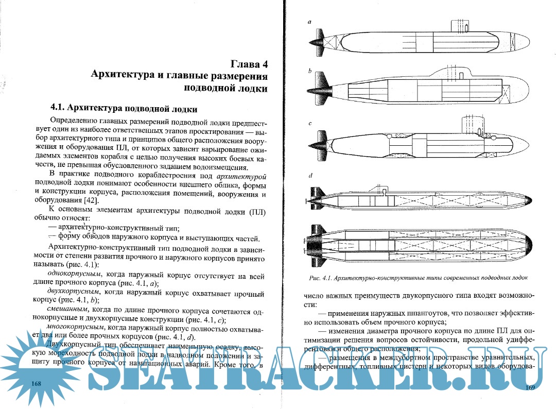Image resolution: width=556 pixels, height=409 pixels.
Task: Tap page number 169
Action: tap(530, 387)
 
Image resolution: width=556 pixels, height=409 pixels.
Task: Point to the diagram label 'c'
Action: tap(309, 124)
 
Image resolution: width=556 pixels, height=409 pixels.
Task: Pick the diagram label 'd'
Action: tap(310, 176)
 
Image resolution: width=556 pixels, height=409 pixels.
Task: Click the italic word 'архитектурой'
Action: tap(241, 176)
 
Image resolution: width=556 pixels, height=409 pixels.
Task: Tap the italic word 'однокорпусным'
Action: tap(72, 275)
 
